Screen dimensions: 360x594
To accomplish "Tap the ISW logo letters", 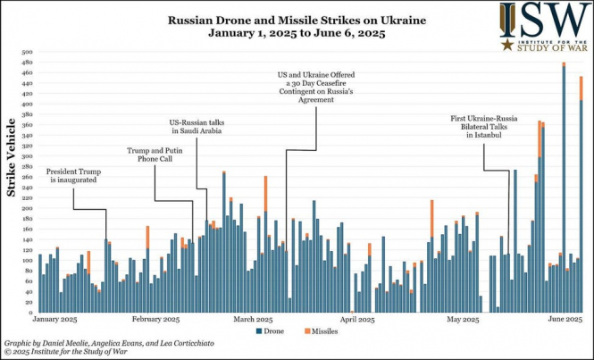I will [546, 20].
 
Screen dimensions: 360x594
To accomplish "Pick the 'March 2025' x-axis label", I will [253, 319].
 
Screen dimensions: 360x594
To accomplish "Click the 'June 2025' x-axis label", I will [565, 319].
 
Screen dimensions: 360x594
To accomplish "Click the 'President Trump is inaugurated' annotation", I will [72, 175].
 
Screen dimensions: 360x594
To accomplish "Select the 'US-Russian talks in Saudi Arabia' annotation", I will [198, 127].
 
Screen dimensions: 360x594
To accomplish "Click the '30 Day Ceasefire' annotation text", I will [304, 84].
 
